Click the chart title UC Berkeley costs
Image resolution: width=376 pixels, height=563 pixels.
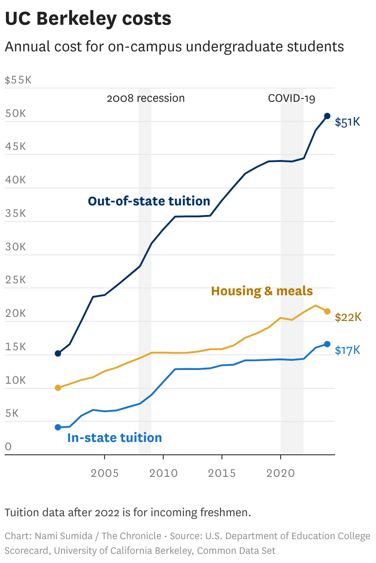click(x=88, y=19)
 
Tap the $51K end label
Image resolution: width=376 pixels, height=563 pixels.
click(x=348, y=122)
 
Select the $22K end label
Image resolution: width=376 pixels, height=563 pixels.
click(x=348, y=317)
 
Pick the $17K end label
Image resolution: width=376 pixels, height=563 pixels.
click(x=348, y=350)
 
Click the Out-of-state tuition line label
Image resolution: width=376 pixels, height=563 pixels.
click(x=149, y=201)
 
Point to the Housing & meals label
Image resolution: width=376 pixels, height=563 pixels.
click(x=262, y=291)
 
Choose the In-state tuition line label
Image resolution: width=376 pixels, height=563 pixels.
click(x=115, y=437)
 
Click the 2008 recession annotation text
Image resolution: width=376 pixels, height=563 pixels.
click(x=145, y=98)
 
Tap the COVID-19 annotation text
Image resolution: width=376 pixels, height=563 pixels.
click(x=292, y=98)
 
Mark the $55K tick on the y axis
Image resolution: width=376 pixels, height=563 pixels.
click(x=18, y=80)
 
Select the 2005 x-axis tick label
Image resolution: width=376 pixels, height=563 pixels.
click(x=105, y=473)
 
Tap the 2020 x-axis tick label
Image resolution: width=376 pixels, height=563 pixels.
click(x=280, y=473)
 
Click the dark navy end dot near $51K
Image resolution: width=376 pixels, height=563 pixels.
click(x=327, y=116)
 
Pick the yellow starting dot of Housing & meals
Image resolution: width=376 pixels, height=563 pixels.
click(x=58, y=388)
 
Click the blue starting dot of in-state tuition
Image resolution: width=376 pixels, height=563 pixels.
click(x=58, y=427)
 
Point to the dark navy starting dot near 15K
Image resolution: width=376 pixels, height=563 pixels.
click(x=58, y=353)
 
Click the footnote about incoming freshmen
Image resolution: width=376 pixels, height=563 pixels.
click(x=128, y=513)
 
